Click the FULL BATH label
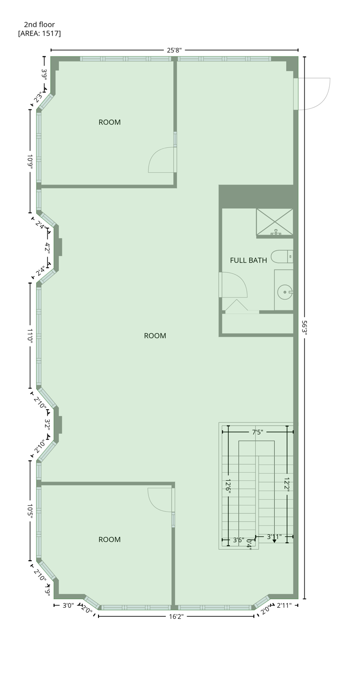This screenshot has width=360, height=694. pyautogui.click(x=248, y=260)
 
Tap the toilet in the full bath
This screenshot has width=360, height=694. pyautogui.click(x=281, y=257)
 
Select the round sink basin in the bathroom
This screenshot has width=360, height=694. pyautogui.click(x=285, y=292)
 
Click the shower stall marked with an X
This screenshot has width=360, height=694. pyautogui.click(x=275, y=221)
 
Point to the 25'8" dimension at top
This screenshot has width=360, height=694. pyautogui.click(x=174, y=50)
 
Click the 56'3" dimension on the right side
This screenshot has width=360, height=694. pyautogui.click(x=304, y=327)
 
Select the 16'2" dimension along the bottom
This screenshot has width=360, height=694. pyautogui.click(x=176, y=616)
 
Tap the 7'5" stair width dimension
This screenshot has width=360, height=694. pyautogui.click(x=257, y=432)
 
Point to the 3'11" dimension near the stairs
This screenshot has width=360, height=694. pyautogui.click(x=274, y=537)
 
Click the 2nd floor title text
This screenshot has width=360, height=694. pyautogui.click(x=39, y=25)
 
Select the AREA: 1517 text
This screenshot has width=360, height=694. pyautogui.click(x=39, y=33)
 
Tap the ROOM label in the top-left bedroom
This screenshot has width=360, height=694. pyautogui.click(x=110, y=122)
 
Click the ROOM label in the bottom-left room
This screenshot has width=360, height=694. pyautogui.click(x=110, y=539)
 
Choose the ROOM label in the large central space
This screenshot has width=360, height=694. pyautogui.click(x=155, y=336)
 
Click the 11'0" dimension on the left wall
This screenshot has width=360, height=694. pyautogui.click(x=30, y=336)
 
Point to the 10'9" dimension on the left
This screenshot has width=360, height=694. pyautogui.click(x=30, y=161)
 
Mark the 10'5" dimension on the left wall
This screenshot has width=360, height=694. pyautogui.click(x=30, y=512)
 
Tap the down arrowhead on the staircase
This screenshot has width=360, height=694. pyautogui.click(x=274, y=541)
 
